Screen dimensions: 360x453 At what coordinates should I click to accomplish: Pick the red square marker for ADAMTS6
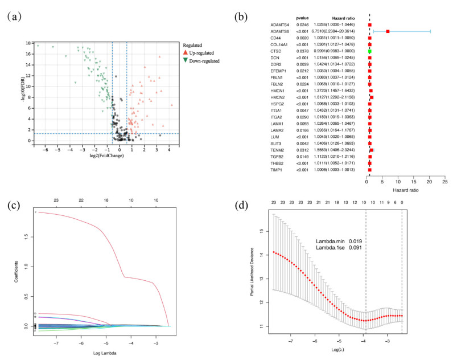click(388, 31)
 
